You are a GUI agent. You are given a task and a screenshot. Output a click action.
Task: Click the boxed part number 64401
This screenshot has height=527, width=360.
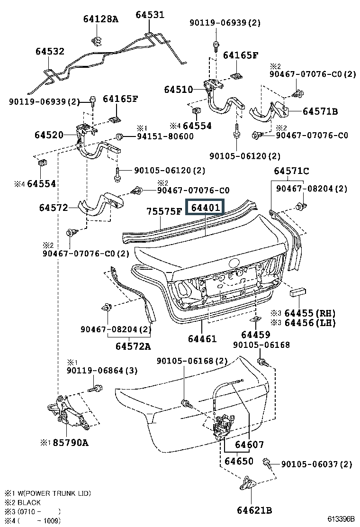(x=205, y=208)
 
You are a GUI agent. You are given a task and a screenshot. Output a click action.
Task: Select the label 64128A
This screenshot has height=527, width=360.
(x=100, y=19)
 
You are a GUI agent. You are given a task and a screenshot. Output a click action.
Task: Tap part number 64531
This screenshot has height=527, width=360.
(x=150, y=15)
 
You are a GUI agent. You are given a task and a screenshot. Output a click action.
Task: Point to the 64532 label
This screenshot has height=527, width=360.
(x=50, y=51)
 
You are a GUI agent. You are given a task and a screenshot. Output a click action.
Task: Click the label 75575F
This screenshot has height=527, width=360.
(x=163, y=212)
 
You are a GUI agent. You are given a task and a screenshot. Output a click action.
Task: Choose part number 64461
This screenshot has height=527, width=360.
(x=202, y=339)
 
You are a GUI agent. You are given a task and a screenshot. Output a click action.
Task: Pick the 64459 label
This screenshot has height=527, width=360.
(x=256, y=335)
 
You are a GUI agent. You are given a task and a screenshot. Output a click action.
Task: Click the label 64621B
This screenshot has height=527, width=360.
(x=254, y=510)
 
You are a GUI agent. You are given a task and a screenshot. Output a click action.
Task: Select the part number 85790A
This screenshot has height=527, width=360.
(x=70, y=443)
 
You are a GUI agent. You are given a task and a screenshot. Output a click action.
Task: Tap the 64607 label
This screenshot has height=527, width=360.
(x=249, y=445)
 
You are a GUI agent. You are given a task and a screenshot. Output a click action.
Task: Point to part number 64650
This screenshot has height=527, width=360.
(x=239, y=461)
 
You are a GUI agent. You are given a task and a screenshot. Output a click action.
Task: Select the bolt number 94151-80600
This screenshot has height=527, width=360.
(x=165, y=136)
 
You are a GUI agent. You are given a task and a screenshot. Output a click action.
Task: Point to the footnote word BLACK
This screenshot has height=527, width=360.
(x=29, y=502)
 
